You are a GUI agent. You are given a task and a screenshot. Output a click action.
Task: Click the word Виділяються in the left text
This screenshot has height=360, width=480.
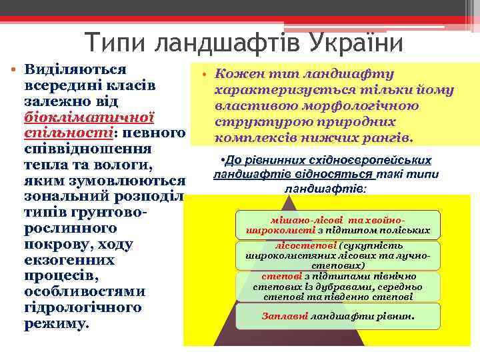[75, 70]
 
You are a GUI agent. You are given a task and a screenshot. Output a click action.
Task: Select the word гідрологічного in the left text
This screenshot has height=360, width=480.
[83, 308]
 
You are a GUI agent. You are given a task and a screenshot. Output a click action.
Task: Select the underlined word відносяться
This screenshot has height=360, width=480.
[342, 175]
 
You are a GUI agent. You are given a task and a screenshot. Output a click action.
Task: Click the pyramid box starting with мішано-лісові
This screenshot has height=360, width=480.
[339, 225]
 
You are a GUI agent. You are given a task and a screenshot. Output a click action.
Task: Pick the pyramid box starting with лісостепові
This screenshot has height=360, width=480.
[339, 255]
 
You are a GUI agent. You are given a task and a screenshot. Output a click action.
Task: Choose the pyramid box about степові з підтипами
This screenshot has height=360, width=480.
[339, 286]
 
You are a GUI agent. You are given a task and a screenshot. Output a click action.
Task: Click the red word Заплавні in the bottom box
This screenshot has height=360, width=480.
[285, 316]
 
